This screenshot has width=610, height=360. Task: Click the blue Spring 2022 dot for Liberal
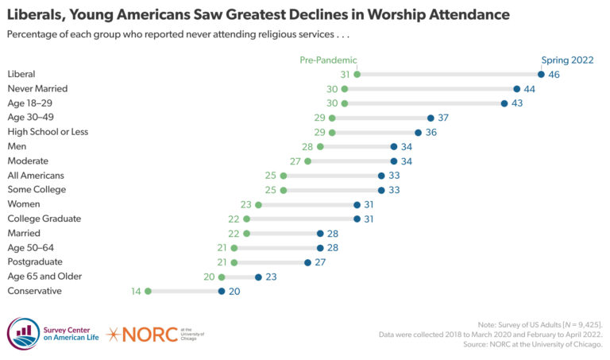(x=541, y=75)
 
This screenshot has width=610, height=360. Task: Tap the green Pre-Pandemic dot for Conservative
(x=148, y=291)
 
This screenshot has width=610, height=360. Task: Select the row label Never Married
(x=37, y=88)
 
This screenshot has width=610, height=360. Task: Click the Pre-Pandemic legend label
(x=328, y=60)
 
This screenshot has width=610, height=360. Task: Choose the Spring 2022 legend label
(x=567, y=60)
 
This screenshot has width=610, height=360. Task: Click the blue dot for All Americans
(x=381, y=176)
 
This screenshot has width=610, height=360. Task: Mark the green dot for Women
(x=258, y=204)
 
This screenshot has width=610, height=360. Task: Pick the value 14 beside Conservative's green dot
(x=137, y=291)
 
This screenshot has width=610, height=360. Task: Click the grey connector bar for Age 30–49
(x=380, y=118)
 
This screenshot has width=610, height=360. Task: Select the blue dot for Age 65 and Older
(x=258, y=277)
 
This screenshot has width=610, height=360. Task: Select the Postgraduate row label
(x=35, y=261)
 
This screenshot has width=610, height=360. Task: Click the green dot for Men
(x=320, y=146)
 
